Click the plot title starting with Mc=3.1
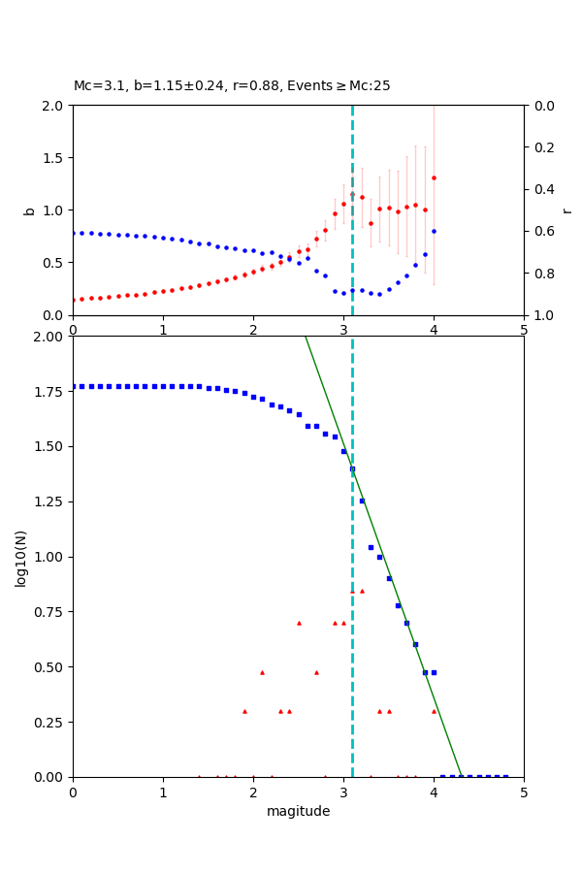coord(232,86)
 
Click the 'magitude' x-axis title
coord(298,811)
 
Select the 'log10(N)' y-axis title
coord(20,557)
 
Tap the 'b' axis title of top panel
coord(29,210)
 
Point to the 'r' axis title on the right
coord(566,210)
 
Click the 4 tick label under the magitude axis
coord(434,792)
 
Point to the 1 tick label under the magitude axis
coord(163,792)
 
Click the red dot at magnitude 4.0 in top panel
coord(434,178)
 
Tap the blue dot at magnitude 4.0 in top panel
coord(434,231)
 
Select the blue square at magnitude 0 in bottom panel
coord(74,386)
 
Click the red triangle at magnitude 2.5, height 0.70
coord(299,623)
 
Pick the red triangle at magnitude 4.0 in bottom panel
coord(434,711)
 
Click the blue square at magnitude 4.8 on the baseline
coord(505,776)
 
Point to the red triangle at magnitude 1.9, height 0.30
coord(244,711)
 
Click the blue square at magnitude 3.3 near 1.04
coord(371,547)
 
